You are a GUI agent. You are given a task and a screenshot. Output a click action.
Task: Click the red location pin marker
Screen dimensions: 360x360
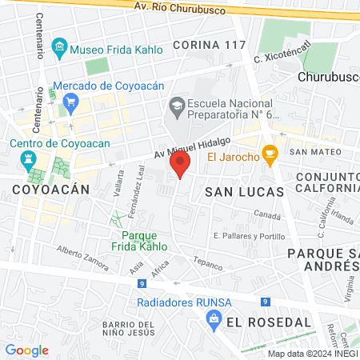(x=180, y=166)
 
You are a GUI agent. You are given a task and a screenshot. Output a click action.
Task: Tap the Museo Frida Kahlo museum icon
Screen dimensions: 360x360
(x=59, y=49)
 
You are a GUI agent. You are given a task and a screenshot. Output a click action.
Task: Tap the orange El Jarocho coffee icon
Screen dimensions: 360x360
(x=270, y=154)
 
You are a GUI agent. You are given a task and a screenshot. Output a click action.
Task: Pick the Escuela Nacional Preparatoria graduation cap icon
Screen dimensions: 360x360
(x=175, y=104)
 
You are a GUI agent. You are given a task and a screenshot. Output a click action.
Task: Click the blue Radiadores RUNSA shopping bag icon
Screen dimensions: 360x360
(x=214, y=318)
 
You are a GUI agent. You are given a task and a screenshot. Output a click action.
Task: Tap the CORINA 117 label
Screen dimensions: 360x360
(x=208, y=44)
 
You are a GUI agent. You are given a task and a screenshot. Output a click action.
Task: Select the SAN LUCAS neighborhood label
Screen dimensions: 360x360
(x=244, y=192)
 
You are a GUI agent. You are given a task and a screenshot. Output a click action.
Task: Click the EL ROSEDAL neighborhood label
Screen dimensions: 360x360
(x=267, y=322)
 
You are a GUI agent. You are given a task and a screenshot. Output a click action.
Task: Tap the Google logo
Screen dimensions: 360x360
(x=26, y=350)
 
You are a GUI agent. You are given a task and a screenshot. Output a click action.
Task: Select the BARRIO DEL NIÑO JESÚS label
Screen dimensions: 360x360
(x=127, y=327)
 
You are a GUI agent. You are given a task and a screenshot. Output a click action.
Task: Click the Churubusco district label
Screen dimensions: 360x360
(x=328, y=78)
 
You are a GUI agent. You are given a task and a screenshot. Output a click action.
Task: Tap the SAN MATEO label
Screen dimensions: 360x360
(x=310, y=151)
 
